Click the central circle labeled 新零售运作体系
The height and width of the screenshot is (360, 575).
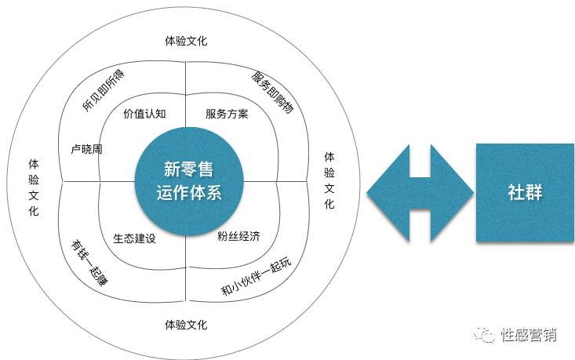point(186,180)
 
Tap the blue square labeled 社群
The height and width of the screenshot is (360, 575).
point(526,191)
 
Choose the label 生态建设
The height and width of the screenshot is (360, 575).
point(134,238)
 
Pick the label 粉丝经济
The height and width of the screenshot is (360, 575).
point(238,235)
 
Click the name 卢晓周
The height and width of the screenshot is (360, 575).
point(86,147)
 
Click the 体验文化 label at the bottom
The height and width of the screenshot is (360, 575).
point(186,324)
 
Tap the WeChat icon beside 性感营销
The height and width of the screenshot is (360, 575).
point(489,335)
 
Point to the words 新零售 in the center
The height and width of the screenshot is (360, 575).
point(187,169)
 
